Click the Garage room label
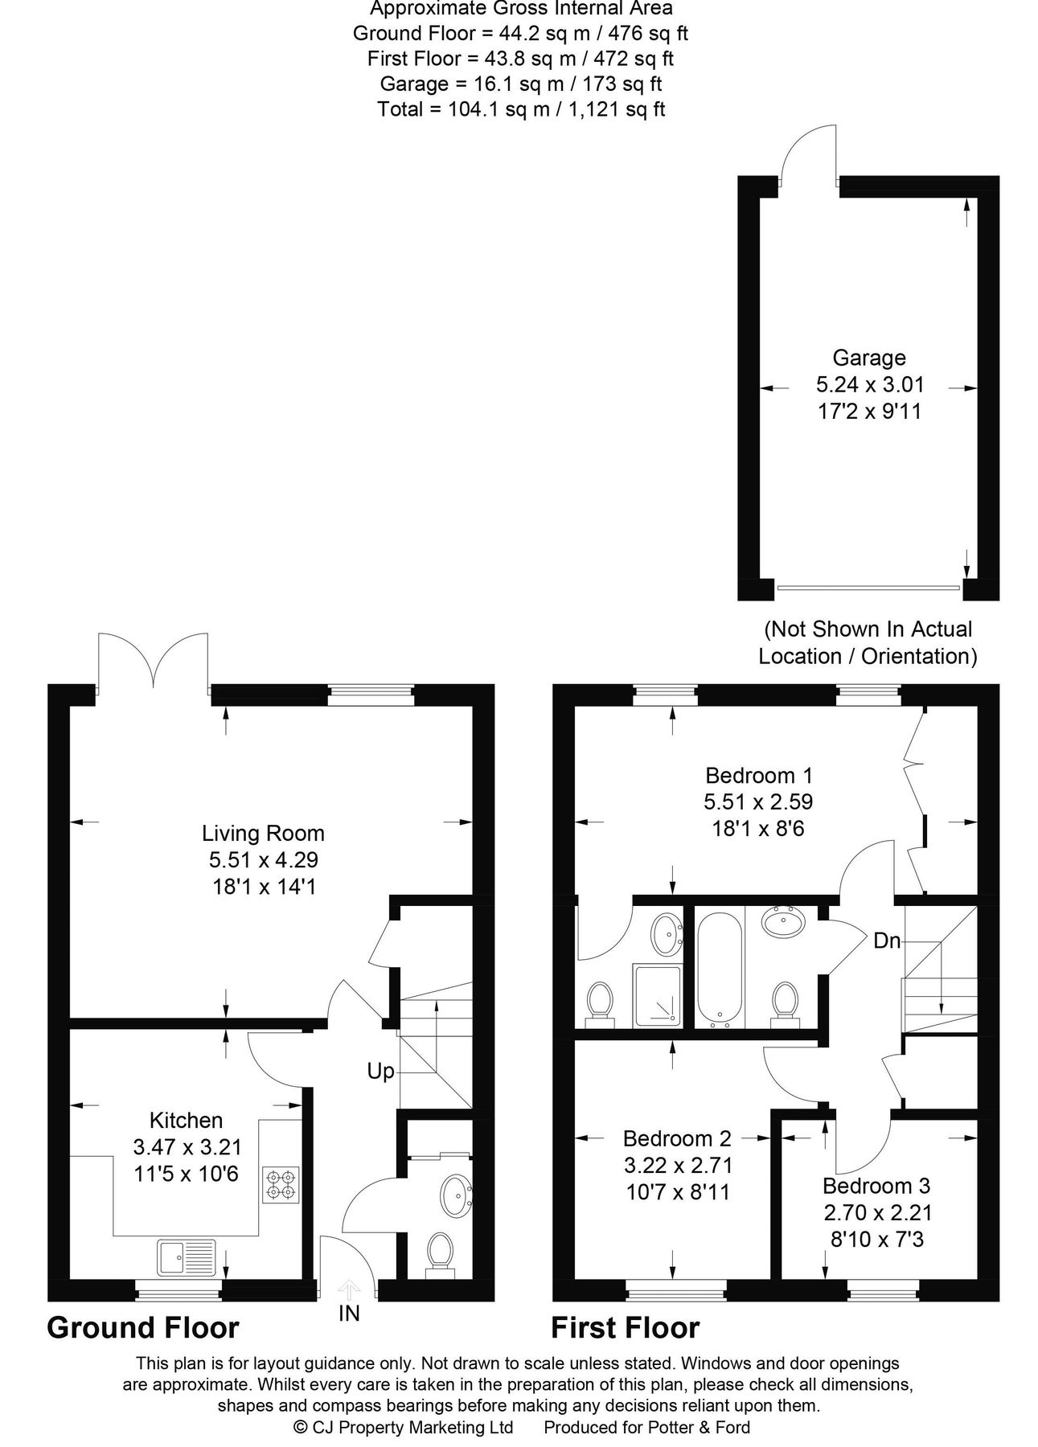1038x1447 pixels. point(868,358)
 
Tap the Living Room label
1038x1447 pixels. point(263,833)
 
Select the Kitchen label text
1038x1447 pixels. point(186,1120)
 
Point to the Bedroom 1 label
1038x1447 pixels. point(759,776)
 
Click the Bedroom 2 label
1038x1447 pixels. point(677,1138)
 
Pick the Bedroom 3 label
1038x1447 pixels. point(876,1186)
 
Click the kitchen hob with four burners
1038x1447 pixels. point(281,1185)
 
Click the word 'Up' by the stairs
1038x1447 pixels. point(380,1071)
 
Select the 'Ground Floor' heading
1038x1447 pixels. point(143,1327)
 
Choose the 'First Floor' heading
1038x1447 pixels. point(625,1327)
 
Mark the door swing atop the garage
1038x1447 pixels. point(810,153)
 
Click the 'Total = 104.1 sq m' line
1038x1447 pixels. point(521,109)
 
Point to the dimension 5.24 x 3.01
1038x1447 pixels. point(870,384)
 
